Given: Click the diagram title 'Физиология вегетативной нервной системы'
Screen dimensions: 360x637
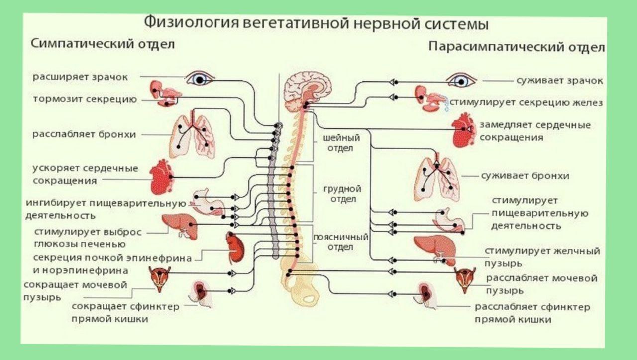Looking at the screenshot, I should point(316,24).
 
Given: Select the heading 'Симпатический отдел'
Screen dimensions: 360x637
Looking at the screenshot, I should point(103,44).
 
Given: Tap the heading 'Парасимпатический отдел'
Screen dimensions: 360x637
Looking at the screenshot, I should point(517,47).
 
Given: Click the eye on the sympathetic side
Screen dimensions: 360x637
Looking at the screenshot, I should point(200,79).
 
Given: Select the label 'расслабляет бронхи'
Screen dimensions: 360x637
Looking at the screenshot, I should point(85,134).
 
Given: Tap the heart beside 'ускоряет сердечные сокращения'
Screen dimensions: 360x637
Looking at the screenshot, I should point(161,176).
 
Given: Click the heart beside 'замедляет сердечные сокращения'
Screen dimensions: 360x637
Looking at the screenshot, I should point(464,129).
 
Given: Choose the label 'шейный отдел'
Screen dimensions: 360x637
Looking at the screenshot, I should point(341,143).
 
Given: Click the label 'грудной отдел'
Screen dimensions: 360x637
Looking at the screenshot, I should point(342,194).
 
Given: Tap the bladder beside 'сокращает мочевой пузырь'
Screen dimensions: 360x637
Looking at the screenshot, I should point(160,279).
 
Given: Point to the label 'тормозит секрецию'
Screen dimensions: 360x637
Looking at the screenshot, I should point(85,99).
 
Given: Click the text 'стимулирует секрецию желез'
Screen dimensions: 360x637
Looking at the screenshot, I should point(527,103).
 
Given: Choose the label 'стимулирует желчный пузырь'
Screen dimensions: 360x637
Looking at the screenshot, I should point(542,256).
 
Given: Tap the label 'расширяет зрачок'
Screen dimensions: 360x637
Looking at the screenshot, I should point(80,77).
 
